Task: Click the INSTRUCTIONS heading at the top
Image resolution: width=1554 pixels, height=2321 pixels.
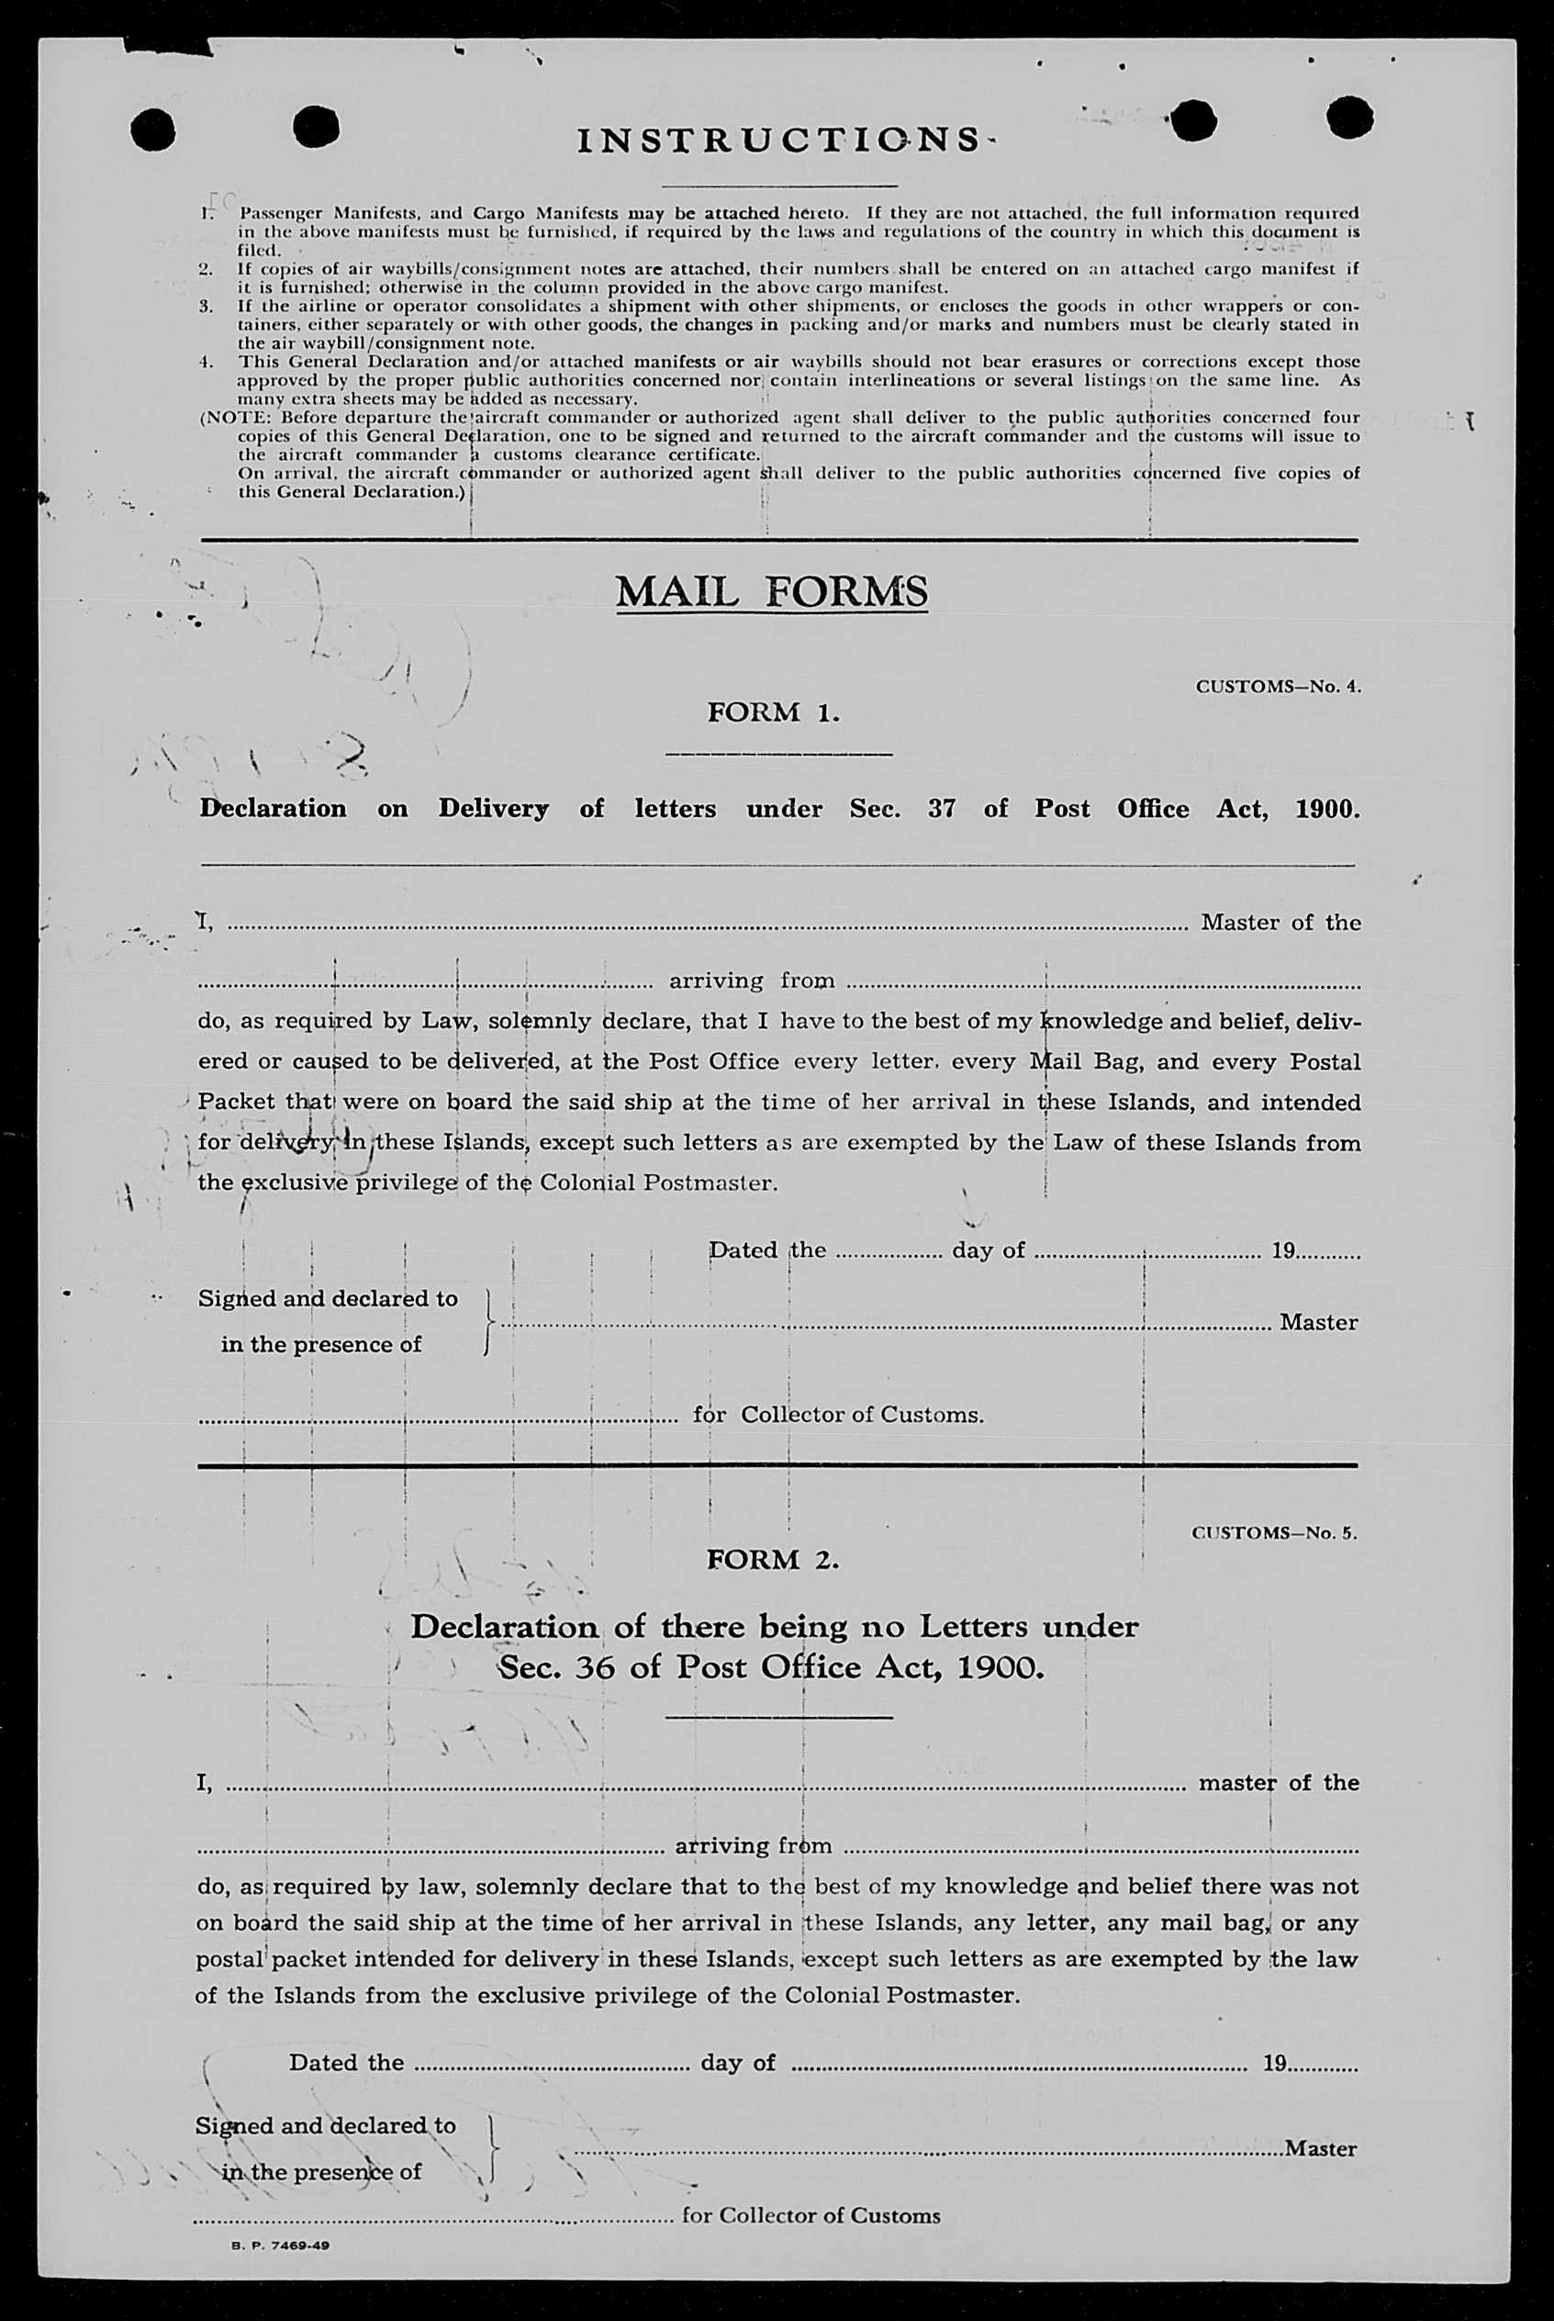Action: [779, 140]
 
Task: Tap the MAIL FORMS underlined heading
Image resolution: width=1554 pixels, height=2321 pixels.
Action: [771, 591]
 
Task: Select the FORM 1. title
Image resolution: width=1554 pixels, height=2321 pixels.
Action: [773, 712]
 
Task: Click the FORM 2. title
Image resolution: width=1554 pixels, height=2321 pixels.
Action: [772, 1559]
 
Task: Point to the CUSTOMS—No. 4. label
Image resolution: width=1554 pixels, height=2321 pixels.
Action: [1278, 686]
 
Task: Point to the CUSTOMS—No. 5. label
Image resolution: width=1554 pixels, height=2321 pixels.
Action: [1273, 1532]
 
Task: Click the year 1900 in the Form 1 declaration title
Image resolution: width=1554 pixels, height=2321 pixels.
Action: [1326, 809]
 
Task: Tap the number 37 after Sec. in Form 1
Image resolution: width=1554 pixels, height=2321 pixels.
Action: [941, 809]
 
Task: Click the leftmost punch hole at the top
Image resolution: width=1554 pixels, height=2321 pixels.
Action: [152, 130]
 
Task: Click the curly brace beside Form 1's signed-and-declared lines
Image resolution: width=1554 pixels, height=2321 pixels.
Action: [487, 1322]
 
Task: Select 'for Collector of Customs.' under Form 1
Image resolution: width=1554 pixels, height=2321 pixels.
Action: [838, 1415]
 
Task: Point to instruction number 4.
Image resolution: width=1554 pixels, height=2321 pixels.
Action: [207, 362]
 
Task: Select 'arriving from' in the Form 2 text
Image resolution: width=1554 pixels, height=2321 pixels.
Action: [754, 1846]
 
